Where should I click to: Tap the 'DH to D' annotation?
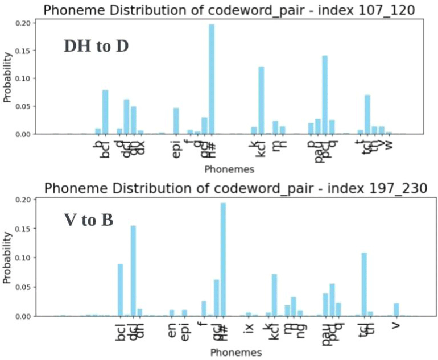96,46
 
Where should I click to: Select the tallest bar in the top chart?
212,79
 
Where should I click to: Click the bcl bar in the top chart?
105,112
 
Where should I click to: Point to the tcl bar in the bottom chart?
364,284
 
